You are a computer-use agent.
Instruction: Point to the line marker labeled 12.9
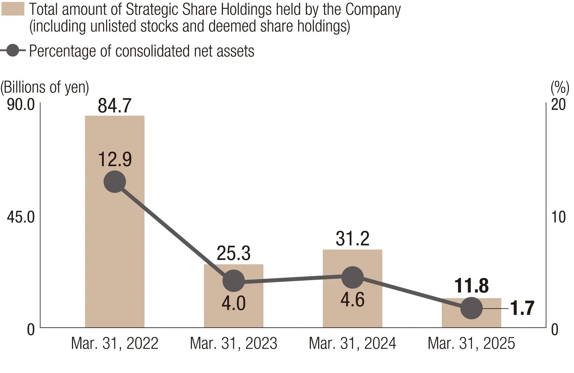point(115,182)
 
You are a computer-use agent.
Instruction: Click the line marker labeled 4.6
point(352,277)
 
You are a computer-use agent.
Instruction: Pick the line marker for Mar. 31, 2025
point(471,308)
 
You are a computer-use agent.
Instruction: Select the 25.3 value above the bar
point(234,253)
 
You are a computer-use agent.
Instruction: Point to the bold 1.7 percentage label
point(522,308)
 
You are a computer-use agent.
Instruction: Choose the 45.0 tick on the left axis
point(21,217)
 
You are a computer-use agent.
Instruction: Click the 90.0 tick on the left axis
point(21,104)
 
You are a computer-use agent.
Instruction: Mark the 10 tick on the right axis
point(558,217)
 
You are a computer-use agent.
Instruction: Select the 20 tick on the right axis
point(558,104)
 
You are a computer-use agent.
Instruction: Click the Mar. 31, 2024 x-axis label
point(352,343)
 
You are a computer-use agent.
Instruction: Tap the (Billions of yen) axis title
point(45,87)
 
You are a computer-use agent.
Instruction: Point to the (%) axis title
point(560,87)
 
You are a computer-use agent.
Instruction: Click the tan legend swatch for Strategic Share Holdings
point(13,9)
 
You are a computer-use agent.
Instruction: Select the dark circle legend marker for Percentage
point(13,51)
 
